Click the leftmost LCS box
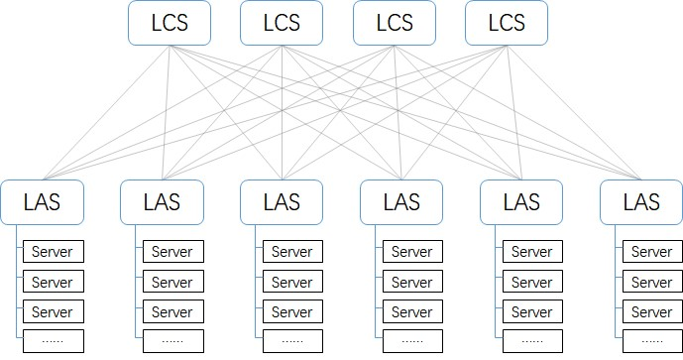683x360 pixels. [x=169, y=23]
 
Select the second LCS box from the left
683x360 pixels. [x=282, y=23]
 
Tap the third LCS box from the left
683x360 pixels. [x=395, y=23]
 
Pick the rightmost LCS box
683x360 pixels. [x=507, y=23]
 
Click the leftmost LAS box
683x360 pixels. [x=42, y=202]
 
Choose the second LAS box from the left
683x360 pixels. [x=162, y=202]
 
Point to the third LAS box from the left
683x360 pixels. [x=282, y=202]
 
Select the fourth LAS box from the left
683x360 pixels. [x=401, y=202]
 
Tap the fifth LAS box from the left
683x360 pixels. [x=521, y=202]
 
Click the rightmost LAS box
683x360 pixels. [x=640, y=202]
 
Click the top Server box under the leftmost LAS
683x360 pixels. [x=53, y=252]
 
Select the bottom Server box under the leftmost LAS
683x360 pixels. [x=53, y=311]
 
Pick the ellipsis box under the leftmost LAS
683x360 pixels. [x=53, y=341]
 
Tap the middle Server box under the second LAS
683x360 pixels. [x=173, y=282]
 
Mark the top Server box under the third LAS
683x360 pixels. [x=292, y=252]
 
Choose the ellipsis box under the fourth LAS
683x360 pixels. [x=412, y=341]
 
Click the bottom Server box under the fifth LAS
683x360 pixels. [x=532, y=311]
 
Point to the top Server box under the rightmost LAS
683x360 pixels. [x=652, y=252]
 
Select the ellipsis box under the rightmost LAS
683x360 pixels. [x=652, y=341]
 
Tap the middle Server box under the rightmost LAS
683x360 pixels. [x=652, y=282]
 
